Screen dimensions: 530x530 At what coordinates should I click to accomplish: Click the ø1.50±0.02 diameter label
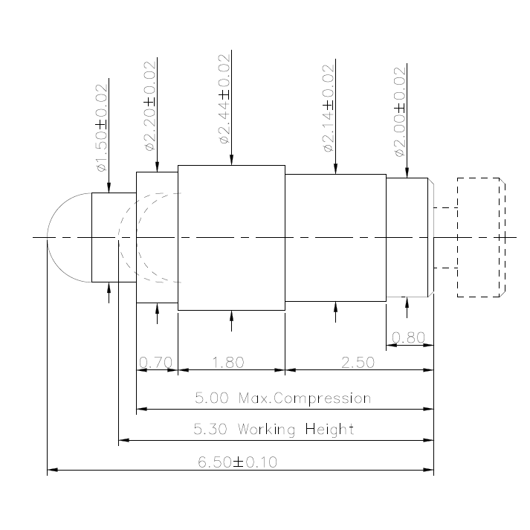click(103, 128)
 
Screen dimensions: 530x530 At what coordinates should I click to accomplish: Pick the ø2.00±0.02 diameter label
click(401, 112)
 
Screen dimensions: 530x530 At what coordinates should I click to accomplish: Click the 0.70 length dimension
click(156, 363)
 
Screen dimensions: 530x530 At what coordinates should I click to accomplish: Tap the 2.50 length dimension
click(358, 363)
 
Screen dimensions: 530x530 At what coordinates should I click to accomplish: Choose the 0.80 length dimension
click(408, 338)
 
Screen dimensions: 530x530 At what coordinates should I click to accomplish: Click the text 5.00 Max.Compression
click(282, 398)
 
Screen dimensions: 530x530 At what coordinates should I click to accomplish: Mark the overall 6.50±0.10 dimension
click(237, 462)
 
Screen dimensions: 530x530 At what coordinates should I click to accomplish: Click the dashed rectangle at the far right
click(480, 237)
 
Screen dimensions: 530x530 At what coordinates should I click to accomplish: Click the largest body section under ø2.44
click(231, 237)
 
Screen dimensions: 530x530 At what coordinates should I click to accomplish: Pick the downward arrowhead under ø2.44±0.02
click(231, 161)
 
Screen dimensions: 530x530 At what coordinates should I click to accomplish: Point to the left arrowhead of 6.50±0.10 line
click(52, 471)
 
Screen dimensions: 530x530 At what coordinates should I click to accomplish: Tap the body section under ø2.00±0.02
click(407, 237)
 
